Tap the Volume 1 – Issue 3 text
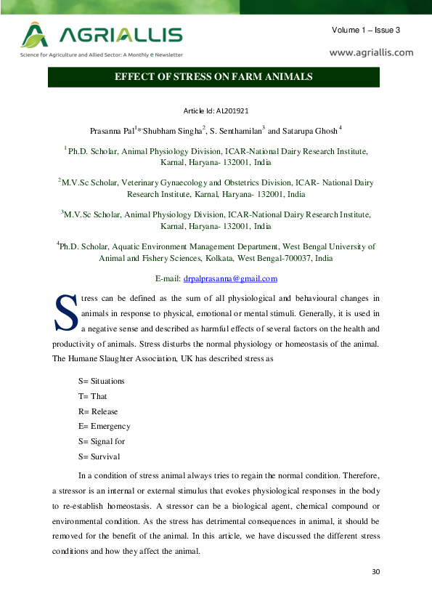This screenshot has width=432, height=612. (x=366, y=30)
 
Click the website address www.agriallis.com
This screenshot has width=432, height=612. (x=371, y=52)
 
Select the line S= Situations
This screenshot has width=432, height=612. (x=102, y=381)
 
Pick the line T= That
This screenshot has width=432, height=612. (x=93, y=396)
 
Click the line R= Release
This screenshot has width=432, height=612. (x=98, y=411)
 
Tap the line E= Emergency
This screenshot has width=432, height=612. (x=105, y=427)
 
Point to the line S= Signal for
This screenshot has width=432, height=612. (x=102, y=441)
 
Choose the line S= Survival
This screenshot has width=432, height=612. (x=99, y=456)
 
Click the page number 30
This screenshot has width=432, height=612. (x=375, y=572)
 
